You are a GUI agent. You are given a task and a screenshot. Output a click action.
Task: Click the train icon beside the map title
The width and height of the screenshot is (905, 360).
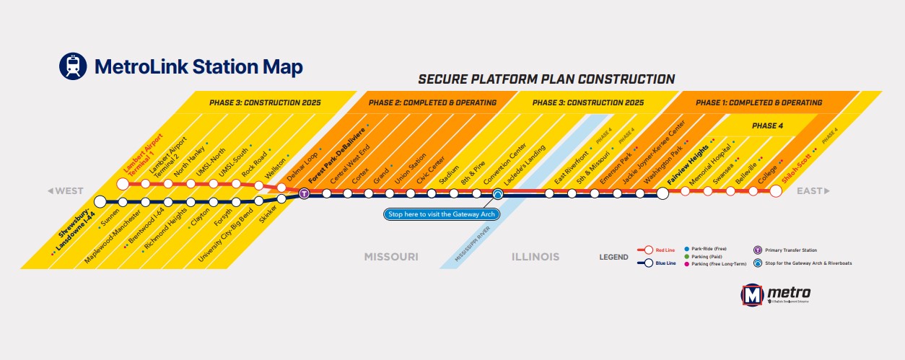tap(73, 66)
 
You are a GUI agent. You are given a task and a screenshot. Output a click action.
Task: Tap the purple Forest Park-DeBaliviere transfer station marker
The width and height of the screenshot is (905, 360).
tap(305, 193)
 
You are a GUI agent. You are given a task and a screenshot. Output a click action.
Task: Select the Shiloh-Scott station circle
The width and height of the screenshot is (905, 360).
tap(776, 191)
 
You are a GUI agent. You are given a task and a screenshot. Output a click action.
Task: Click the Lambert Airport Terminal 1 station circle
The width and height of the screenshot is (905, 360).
tap(123, 184)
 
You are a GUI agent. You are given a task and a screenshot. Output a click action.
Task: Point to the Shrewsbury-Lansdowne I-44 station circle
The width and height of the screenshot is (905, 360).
tap(100, 201)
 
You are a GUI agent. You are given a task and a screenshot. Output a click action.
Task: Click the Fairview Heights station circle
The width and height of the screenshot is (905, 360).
tap(663, 193)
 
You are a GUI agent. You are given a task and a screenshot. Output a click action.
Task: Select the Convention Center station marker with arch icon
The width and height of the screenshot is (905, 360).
tap(497, 193)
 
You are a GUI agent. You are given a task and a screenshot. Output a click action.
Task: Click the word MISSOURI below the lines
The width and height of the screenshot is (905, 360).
tap(391, 256)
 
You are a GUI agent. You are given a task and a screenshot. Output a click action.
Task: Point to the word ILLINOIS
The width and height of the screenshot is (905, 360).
tap(535, 256)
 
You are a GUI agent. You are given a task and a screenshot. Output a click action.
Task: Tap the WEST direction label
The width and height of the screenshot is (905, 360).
tap(66, 191)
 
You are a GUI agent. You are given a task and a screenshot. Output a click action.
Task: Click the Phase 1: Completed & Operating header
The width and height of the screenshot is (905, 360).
tap(758, 102)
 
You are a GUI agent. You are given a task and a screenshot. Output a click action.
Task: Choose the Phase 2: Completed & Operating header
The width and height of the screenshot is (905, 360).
tap(432, 102)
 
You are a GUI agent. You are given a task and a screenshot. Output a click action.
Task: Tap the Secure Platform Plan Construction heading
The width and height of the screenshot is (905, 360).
tap(546, 79)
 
